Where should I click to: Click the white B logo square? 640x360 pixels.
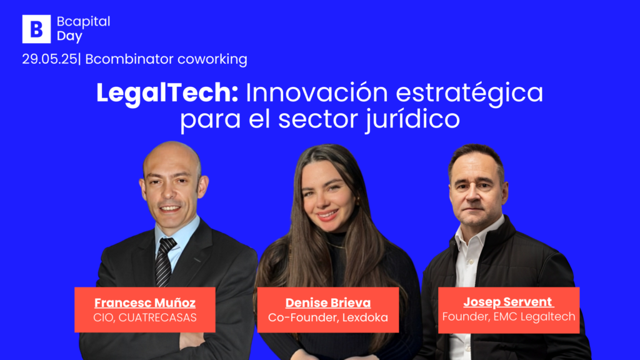tap(36, 29)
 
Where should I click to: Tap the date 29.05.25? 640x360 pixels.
tap(49, 59)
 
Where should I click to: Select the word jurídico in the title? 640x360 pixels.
tap(412, 119)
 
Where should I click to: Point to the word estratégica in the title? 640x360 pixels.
tap(469, 92)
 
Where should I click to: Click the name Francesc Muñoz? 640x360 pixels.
tap(145, 302)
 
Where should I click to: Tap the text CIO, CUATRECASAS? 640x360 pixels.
tap(145, 317)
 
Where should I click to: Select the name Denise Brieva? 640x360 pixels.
tap(327, 302)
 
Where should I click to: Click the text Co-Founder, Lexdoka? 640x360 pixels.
tap(327, 317)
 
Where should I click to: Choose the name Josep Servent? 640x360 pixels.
tap(508, 302)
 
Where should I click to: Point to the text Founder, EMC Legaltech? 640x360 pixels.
tap(509, 317)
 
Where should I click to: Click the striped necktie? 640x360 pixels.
tap(164, 262)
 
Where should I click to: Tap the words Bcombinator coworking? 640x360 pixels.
tap(166, 59)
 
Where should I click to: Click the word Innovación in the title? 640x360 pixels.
tap(317, 92)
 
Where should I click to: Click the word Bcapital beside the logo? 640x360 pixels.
tap(84, 22)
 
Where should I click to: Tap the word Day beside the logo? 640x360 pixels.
tap(70, 36)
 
